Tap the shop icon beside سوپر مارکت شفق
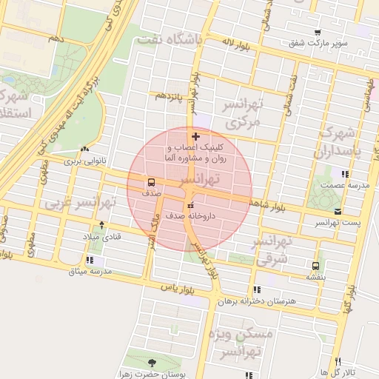[318, 33]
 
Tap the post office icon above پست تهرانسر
[338, 211]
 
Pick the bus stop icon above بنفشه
[316, 265]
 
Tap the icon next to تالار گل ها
[323, 370]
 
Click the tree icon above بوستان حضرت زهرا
[152, 363]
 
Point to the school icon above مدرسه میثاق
[90, 261]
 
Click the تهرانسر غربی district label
[81, 202]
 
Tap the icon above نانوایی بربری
[87, 148]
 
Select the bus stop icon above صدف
[151, 182]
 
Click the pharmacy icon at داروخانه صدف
[191, 205]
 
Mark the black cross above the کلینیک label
[195, 136]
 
